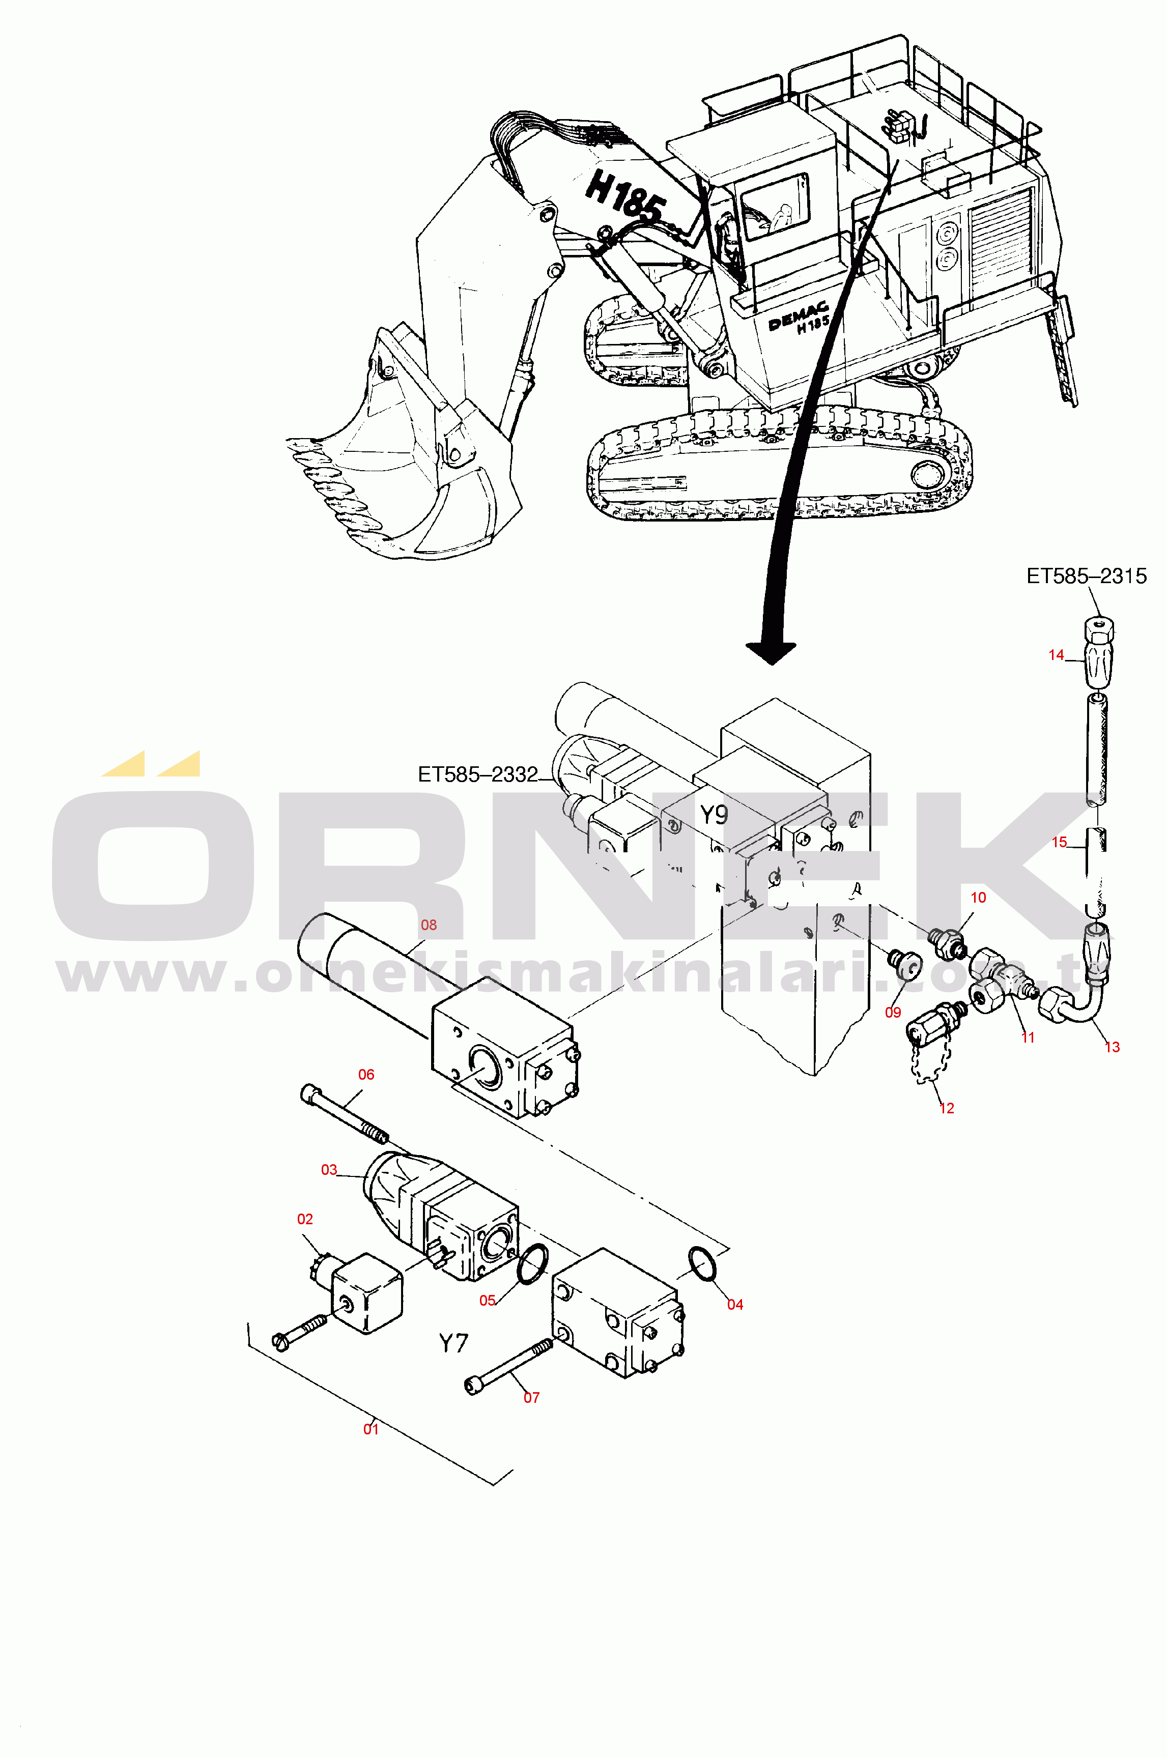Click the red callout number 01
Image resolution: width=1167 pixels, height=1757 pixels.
click(371, 1429)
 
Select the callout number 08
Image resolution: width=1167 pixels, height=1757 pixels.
click(429, 925)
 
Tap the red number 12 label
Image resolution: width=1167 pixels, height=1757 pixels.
click(946, 1108)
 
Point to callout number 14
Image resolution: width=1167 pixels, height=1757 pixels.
click(1056, 655)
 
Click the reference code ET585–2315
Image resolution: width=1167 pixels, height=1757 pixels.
click(1087, 576)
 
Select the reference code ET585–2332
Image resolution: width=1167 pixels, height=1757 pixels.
click(478, 774)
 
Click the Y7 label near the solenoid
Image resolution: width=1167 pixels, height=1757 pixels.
click(453, 1343)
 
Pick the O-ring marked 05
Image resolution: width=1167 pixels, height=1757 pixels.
click(532, 1263)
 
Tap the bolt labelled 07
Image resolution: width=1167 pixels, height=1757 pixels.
click(509, 1365)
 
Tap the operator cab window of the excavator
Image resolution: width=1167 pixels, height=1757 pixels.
click(775, 207)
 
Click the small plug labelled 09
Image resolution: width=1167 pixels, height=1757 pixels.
click(905, 965)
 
